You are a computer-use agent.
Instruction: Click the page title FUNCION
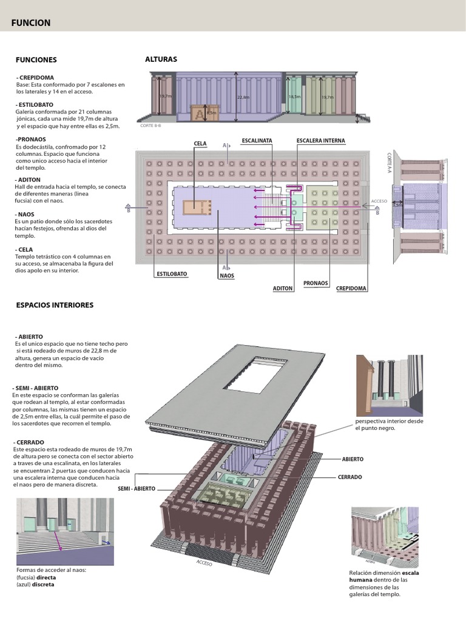[x=31, y=23]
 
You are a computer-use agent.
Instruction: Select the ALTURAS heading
[x=161, y=59]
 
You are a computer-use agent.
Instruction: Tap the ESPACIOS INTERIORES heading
[x=55, y=305]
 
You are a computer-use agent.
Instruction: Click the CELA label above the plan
[x=200, y=144]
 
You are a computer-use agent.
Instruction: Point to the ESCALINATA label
[x=257, y=141]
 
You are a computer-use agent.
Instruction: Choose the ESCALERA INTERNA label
[x=320, y=141]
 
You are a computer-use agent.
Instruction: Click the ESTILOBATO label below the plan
[x=172, y=274]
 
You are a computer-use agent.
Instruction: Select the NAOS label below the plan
[x=227, y=276]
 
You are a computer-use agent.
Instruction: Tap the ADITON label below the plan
[x=283, y=289]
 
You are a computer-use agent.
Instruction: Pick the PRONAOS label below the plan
[x=316, y=283]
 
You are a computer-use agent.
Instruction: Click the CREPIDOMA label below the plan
[x=351, y=289]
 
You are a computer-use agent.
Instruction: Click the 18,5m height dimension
[x=294, y=96]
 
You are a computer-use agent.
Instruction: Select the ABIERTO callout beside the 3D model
[x=353, y=460]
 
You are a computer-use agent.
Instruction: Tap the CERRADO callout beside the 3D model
[x=349, y=477]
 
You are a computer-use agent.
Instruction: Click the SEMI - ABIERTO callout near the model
[x=137, y=489]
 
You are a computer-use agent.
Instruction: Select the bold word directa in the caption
[x=46, y=578]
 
